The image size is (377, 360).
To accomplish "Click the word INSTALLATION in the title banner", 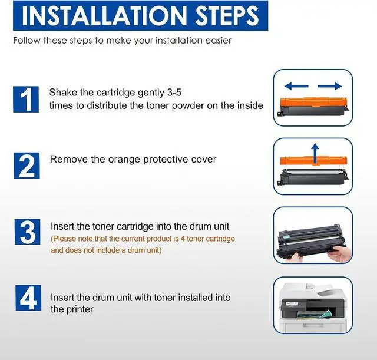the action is tap(104, 16).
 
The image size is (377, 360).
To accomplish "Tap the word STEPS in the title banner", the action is tap(227, 16).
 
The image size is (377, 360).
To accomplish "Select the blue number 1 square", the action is tap(26, 100).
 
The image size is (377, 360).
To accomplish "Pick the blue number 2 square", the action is tap(27, 166).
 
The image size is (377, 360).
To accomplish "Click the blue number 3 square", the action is tap(28, 232).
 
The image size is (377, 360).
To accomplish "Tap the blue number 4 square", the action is tap(28, 298).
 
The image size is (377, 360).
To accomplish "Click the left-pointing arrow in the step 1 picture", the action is tap(296, 86).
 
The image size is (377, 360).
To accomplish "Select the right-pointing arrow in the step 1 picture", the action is tap(330, 86).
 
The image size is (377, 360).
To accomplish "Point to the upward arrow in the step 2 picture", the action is tap(315, 153).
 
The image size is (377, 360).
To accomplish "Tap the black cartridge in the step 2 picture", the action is tap(313, 177).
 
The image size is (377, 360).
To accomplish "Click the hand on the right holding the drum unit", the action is tap(340, 253).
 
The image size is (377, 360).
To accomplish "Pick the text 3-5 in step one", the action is tap(174, 93).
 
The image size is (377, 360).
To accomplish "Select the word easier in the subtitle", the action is tap(218, 41).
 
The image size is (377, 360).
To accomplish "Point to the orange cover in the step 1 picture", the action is tap(313, 102).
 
